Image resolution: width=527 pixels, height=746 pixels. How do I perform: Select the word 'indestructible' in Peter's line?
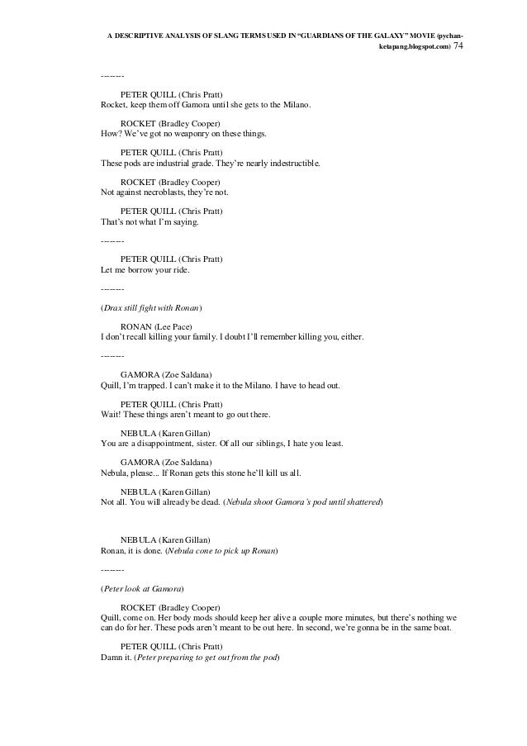click(x=291, y=164)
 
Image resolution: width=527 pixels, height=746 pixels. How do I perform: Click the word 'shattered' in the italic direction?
click(x=362, y=501)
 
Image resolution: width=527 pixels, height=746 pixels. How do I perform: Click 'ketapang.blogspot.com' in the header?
click(x=414, y=48)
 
